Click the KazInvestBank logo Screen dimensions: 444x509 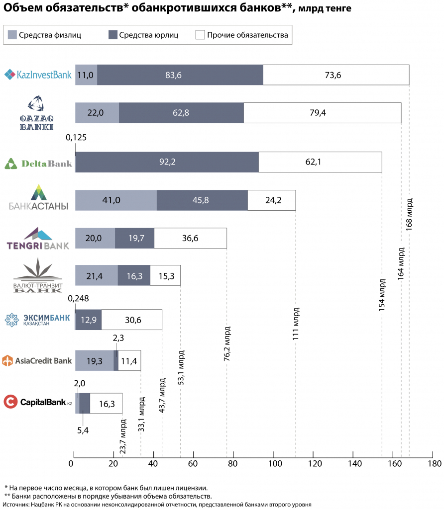point(38,75)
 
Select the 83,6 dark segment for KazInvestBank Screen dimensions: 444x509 point(180,75)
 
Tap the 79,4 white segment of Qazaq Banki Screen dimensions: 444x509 point(323,113)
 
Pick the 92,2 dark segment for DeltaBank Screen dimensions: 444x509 point(167,162)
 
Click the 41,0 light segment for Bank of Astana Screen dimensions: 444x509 point(116,200)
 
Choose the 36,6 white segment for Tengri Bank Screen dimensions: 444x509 point(191,238)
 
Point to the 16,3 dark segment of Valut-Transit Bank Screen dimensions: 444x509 point(134,275)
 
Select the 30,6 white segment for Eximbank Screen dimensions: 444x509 point(131,320)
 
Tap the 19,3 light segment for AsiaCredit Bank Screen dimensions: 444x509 point(95,361)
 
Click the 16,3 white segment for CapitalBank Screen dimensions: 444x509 point(106,404)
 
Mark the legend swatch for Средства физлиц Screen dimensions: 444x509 point(12,35)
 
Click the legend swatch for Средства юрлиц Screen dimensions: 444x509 point(113,35)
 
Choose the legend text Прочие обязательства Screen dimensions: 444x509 point(248,35)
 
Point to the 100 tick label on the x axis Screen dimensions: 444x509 point(275,464)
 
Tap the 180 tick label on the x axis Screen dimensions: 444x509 point(435,464)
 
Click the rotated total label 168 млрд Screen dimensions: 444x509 point(409,215)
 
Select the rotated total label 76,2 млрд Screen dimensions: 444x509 point(227,344)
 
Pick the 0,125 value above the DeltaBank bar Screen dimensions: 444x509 point(76,138)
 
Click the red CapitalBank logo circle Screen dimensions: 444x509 point(10,402)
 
